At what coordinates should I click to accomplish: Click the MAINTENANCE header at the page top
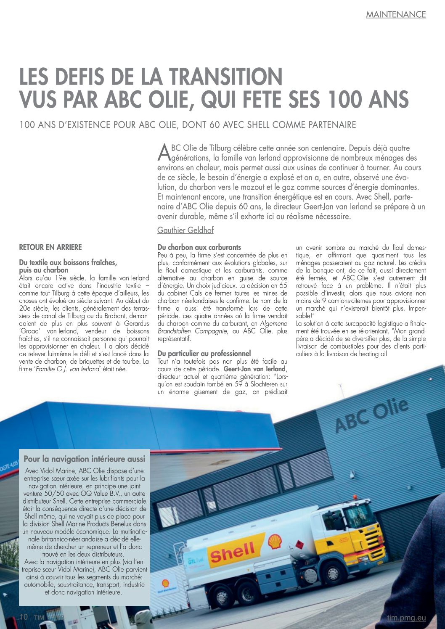[x=396, y=14]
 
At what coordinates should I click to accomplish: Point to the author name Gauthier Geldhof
[x=185, y=230]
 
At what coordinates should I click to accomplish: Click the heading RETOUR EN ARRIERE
[x=50, y=247]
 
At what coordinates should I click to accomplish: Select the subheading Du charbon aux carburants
[x=199, y=247]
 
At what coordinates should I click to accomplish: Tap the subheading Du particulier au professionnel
[x=204, y=354]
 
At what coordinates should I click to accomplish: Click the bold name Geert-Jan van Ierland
[x=255, y=369]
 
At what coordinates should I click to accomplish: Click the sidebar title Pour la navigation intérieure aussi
[x=85, y=459]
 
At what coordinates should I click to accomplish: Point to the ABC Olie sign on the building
[x=371, y=416]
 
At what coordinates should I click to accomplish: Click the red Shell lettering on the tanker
[x=233, y=552]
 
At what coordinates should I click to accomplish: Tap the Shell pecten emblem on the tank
[x=275, y=542]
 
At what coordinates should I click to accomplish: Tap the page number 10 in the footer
[x=24, y=617]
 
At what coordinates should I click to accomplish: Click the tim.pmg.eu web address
[x=406, y=618]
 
